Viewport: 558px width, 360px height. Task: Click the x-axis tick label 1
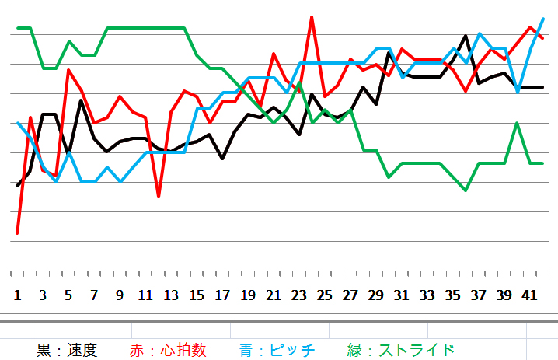(x=17, y=295)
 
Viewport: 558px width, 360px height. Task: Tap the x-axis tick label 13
(x=171, y=295)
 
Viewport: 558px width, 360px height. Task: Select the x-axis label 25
(x=324, y=295)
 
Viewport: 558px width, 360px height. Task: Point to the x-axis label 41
(x=529, y=295)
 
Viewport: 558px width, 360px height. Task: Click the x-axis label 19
(x=247, y=295)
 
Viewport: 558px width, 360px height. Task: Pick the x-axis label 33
(x=427, y=295)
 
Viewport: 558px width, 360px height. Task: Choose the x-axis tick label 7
(x=94, y=295)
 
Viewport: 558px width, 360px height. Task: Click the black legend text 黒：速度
(x=68, y=350)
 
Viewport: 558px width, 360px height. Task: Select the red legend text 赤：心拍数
(x=168, y=350)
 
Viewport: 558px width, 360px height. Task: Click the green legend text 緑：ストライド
(x=401, y=350)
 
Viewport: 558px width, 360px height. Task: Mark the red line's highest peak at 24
(x=312, y=16)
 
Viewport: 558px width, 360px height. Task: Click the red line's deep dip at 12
(x=158, y=197)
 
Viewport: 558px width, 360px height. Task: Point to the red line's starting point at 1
(x=17, y=232)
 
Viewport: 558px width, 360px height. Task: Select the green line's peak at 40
(x=517, y=123)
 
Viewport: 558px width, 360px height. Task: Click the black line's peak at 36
(x=466, y=36)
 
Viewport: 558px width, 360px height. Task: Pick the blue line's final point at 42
(x=542, y=19)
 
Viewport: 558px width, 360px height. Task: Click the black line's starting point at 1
(x=17, y=186)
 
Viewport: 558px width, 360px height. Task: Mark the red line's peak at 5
(x=68, y=70)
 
